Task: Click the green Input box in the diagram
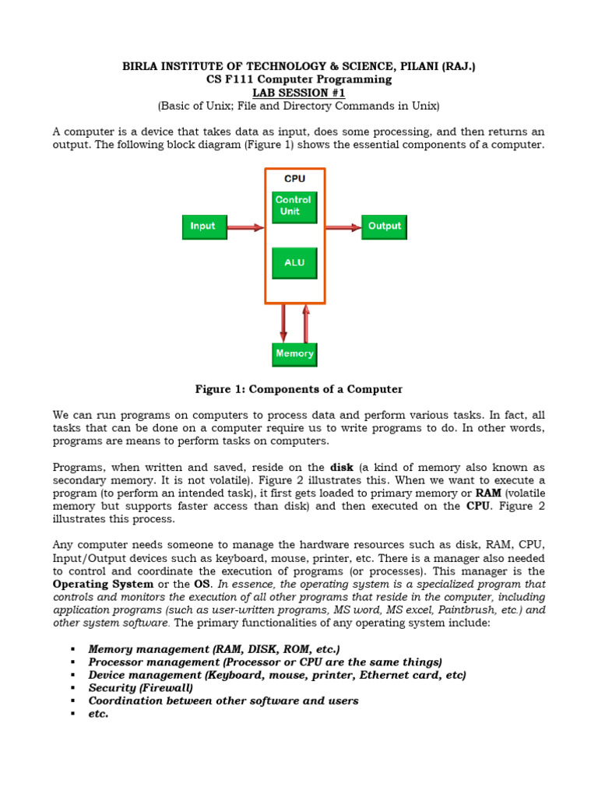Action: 203,226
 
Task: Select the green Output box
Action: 384,226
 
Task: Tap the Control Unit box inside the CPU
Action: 294,206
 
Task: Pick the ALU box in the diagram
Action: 294,263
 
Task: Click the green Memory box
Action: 294,354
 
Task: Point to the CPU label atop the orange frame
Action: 294,179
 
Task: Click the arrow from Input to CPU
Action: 244,227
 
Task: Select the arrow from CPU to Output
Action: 343,227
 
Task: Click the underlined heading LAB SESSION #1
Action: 298,93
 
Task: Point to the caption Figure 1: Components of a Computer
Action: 298,389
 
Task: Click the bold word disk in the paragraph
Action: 342,468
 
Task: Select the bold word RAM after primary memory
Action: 488,493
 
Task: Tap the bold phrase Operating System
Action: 102,584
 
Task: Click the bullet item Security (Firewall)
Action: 141,688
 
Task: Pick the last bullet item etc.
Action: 98,714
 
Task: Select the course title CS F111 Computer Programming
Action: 298,79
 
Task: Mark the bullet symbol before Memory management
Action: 72,649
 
